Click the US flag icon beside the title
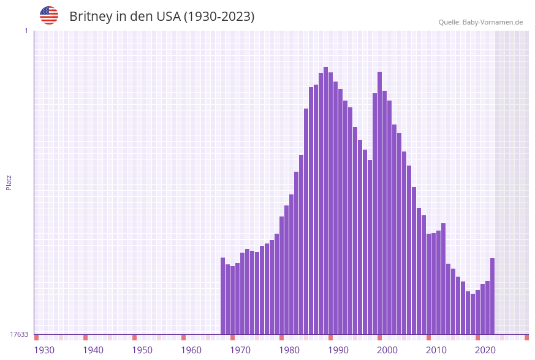coord(49,15)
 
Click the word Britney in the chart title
coord(90,17)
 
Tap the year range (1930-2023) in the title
coord(219,17)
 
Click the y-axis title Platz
coord(9,183)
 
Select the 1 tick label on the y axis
coord(26,31)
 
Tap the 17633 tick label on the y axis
coord(19,334)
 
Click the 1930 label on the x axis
coord(44,350)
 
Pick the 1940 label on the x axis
coord(93,350)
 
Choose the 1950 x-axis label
coord(142,350)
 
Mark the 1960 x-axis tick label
coord(191,350)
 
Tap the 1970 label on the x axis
coord(240,350)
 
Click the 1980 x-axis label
coord(289,350)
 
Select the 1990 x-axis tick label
coord(338,350)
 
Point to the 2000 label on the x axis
coord(387,350)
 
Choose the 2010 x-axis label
coord(436,350)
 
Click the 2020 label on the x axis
coord(485,350)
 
